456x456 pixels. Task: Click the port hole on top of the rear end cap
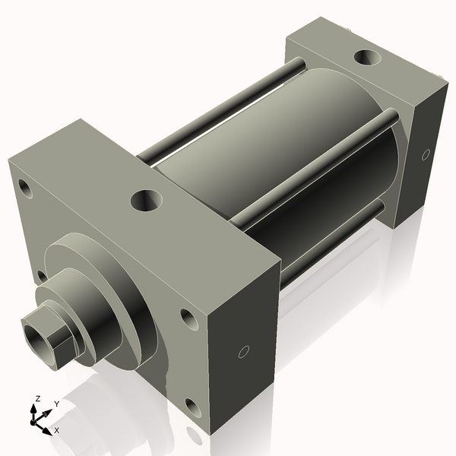(x=369, y=58)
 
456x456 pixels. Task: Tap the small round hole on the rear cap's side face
(x=425, y=154)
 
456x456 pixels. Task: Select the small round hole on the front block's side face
(x=243, y=351)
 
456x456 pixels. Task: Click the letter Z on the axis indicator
(x=36, y=398)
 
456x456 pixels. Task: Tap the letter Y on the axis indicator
(x=56, y=404)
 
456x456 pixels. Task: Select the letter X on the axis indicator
(x=57, y=430)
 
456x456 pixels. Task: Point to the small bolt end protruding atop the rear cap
(x=348, y=30)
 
